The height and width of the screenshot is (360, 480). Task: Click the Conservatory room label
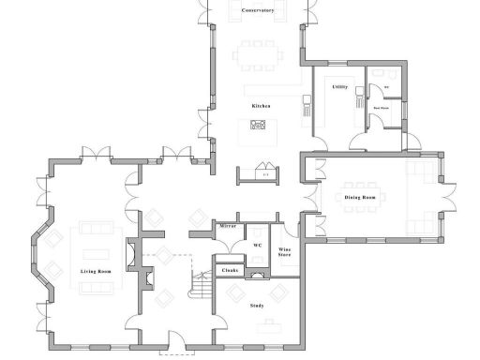point(257,10)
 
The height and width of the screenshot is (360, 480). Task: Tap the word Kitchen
point(261,106)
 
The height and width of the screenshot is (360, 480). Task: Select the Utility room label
point(339,86)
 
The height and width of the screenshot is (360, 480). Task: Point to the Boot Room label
point(382,108)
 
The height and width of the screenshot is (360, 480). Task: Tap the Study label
point(257,306)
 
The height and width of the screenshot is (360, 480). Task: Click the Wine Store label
point(284,250)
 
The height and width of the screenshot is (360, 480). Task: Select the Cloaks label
point(231,270)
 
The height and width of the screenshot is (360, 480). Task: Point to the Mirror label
point(228,227)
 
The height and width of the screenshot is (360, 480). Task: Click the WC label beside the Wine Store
point(256,245)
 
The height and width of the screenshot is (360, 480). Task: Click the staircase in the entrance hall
point(200,282)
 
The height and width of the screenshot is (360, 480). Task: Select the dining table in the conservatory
point(258,54)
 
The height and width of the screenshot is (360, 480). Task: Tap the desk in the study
point(270,327)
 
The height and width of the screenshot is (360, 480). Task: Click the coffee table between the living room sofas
point(95,250)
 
